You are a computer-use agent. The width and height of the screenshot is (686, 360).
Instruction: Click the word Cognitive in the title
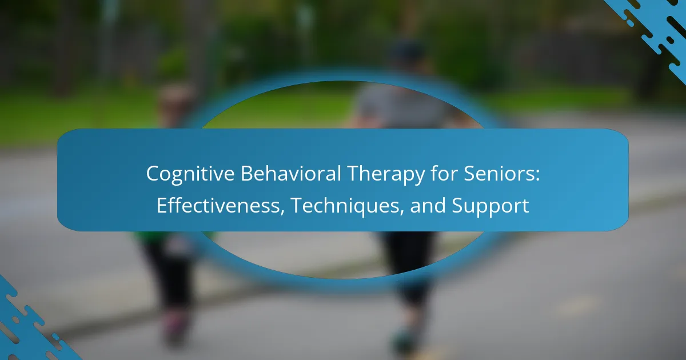tap(190, 174)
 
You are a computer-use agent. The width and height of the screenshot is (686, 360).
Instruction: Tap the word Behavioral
tap(291, 173)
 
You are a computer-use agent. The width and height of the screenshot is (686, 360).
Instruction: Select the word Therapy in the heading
tap(386, 174)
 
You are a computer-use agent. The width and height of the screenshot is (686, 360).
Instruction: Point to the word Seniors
tap(498, 174)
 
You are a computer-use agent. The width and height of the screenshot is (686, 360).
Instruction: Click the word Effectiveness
tap(218, 205)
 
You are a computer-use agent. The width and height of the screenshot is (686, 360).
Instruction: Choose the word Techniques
tap(345, 206)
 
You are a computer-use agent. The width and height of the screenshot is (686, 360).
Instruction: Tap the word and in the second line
tap(428, 205)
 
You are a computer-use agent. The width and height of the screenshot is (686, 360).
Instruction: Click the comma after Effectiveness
tap(282, 211)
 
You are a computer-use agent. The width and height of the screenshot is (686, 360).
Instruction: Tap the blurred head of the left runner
tap(177, 101)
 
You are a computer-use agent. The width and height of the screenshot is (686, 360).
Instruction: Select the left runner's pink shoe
tap(176, 325)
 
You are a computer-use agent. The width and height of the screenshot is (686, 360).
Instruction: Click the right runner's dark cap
tap(409, 50)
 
